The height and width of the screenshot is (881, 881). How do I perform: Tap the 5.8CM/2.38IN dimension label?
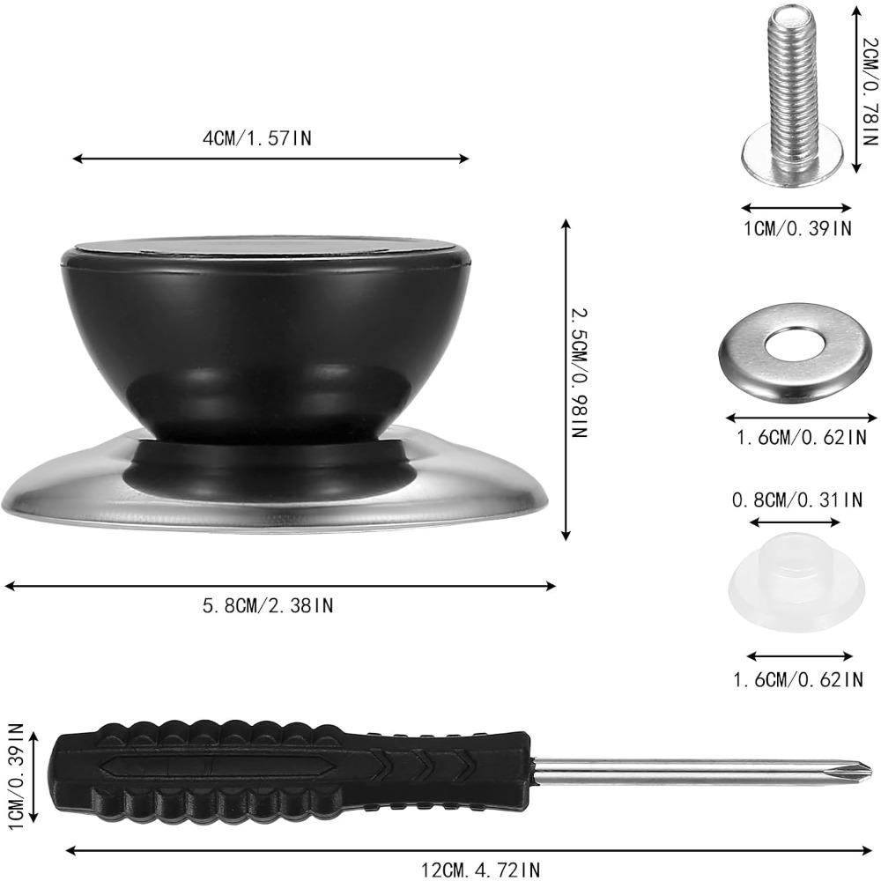click(x=268, y=605)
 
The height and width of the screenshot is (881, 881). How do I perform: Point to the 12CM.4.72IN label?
click(x=480, y=870)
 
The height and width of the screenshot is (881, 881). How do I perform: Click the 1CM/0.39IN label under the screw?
click(x=796, y=229)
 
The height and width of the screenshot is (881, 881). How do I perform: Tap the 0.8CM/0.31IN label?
click(x=796, y=500)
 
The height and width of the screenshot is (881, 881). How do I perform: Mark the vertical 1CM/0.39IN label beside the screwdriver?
click(x=15, y=771)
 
